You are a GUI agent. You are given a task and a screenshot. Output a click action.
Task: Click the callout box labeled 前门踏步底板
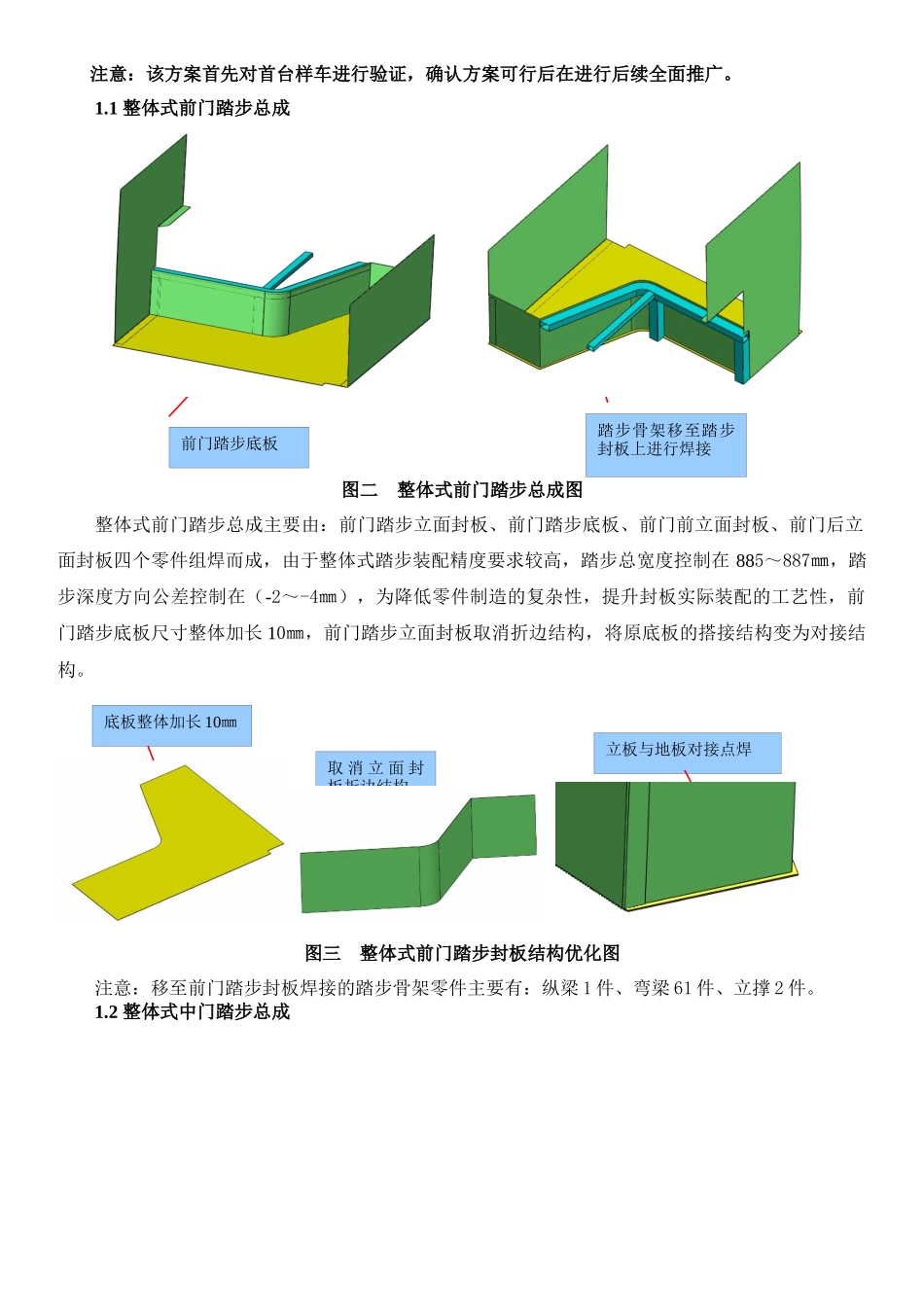[x=238, y=446]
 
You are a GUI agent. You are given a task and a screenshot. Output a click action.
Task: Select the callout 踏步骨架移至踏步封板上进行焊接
[x=665, y=443]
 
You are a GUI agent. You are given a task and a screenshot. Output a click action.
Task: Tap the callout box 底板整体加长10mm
[x=171, y=724]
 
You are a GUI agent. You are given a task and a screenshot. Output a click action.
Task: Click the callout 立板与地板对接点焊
[x=687, y=752]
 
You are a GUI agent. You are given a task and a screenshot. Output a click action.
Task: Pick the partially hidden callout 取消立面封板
[x=375, y=768]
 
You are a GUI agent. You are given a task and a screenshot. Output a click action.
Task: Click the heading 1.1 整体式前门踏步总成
[x=193, y=108]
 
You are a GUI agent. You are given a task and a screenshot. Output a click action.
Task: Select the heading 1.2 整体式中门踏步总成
[x=193, y=1011]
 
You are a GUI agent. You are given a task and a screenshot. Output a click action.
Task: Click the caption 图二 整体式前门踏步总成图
[x=462, y=489]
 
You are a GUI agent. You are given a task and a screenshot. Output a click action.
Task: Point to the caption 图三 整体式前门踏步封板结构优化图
[x=462, y=953]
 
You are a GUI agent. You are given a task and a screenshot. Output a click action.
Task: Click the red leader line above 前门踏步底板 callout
[x=178, y=406]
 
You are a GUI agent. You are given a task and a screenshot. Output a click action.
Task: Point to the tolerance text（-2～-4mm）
[x=308, y=596]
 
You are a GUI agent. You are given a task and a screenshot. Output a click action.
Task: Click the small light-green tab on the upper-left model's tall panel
[x=174, y=215]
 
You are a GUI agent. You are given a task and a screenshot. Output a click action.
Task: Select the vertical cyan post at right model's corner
[x=744, y=355]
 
